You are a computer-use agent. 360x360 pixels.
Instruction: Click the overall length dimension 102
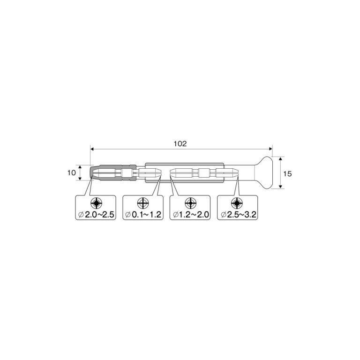point(180,144)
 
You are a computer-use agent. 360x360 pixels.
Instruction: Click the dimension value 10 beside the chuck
point(71,172)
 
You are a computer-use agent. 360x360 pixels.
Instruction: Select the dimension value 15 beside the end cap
point(288,173)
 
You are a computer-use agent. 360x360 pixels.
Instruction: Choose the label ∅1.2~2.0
point(192,215)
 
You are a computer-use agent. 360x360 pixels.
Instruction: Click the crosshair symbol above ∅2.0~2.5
point(96,203)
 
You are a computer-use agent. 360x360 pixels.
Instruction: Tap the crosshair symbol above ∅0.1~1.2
point(143,203)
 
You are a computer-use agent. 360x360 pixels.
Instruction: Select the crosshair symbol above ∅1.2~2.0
point(190,203)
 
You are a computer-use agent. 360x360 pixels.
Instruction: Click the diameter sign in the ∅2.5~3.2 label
point(223,215)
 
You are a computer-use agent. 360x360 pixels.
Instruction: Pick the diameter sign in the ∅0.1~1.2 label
point(128,215)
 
